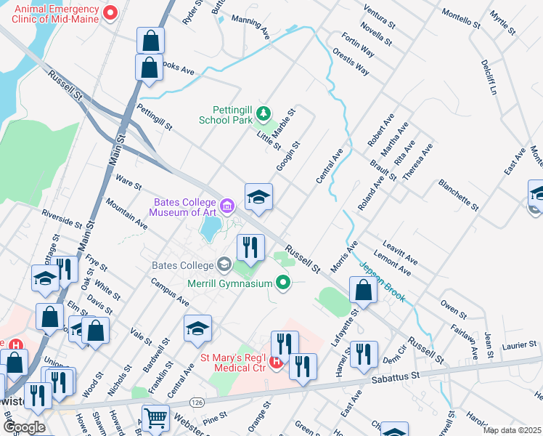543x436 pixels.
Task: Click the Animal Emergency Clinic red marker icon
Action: click(111, 12)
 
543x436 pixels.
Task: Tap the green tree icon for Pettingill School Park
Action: click(263, 113)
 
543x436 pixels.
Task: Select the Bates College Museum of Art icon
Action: click(227, 207)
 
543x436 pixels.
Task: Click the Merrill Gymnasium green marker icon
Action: click(284, 283)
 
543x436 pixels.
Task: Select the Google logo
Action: click(24, 427)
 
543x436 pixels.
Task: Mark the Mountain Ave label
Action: click(126, 214)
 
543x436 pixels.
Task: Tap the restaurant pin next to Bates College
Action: click(250, 247)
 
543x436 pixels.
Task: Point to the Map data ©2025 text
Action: click(513, 429)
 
